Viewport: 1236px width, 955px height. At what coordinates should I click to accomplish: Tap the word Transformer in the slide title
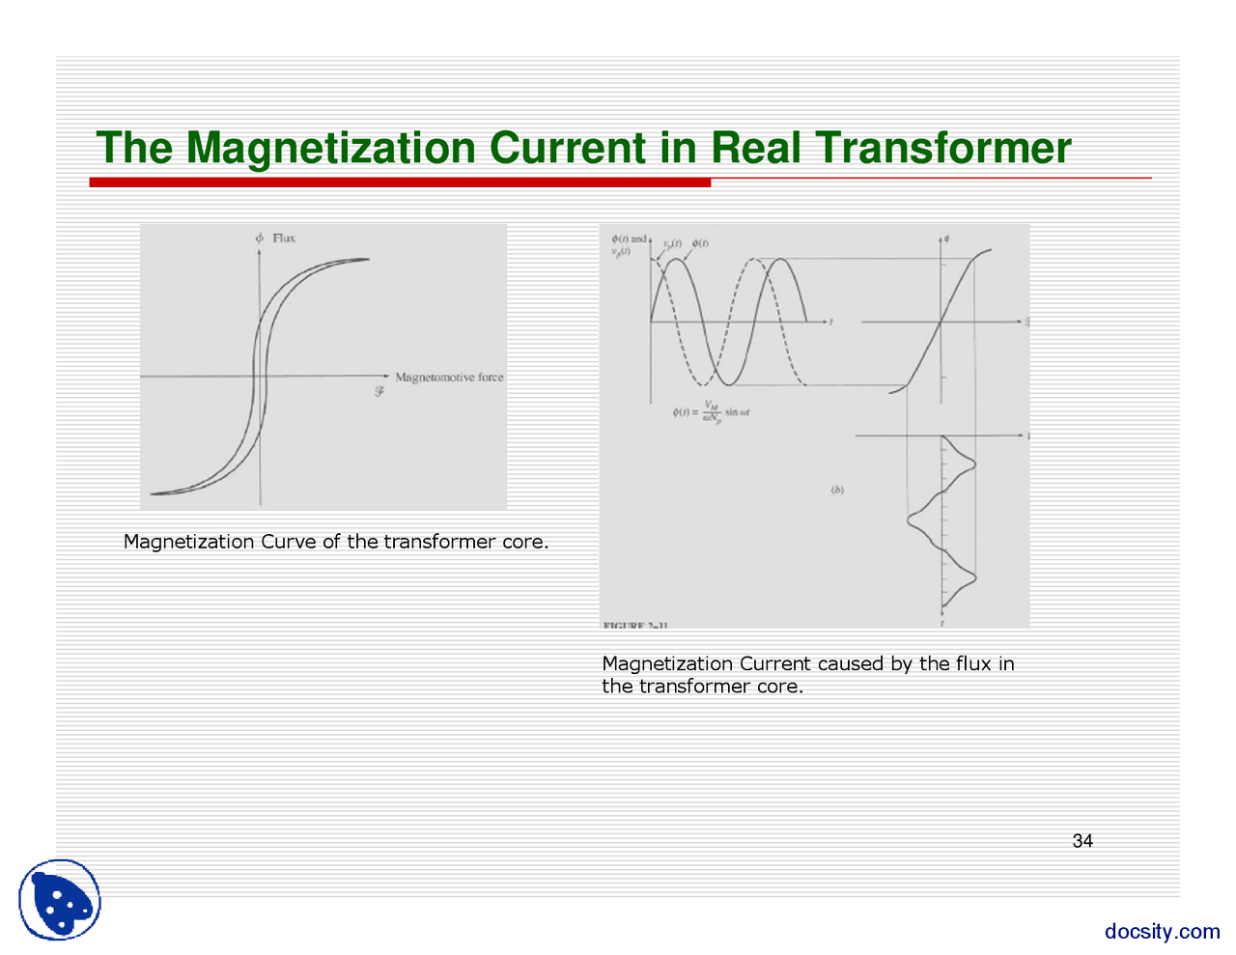(x=942, y=148)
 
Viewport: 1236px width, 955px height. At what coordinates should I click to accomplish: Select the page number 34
(x=1082, y=841)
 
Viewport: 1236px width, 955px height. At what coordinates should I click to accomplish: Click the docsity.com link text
(x=1162, y=931)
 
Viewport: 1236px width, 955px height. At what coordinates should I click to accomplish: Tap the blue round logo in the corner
(x=61, y=900)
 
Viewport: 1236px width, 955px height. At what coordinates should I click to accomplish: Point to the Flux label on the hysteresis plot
(x=283, y=238)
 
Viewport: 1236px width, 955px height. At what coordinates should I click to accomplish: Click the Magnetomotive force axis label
(x=449, y=378)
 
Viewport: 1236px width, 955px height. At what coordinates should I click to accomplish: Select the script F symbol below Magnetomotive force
(x=379, y=392)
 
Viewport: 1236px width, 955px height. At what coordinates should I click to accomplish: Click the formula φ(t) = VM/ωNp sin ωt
(x=711, y=412)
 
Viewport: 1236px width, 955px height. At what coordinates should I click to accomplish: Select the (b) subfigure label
(x=837, y=490)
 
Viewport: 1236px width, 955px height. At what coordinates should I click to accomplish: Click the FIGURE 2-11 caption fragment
(x=634, y=626)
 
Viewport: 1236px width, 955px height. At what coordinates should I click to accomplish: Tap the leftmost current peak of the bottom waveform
(x=910, y=520)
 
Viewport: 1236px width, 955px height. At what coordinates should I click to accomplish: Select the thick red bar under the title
(x=400, y=183)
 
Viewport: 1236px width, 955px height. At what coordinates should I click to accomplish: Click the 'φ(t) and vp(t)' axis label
(x=628, y=245)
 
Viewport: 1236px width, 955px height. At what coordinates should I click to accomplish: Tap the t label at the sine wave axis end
(x=831, y=323)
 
